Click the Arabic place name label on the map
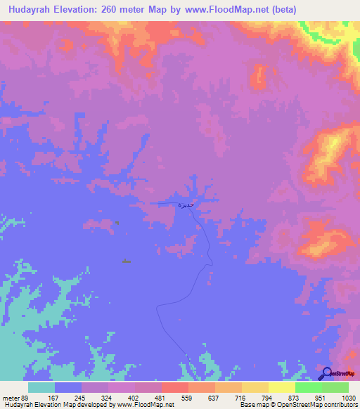click(x=183, y=204)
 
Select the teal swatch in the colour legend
click(x=41, y=388)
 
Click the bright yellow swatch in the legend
click(x=281, y=388)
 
